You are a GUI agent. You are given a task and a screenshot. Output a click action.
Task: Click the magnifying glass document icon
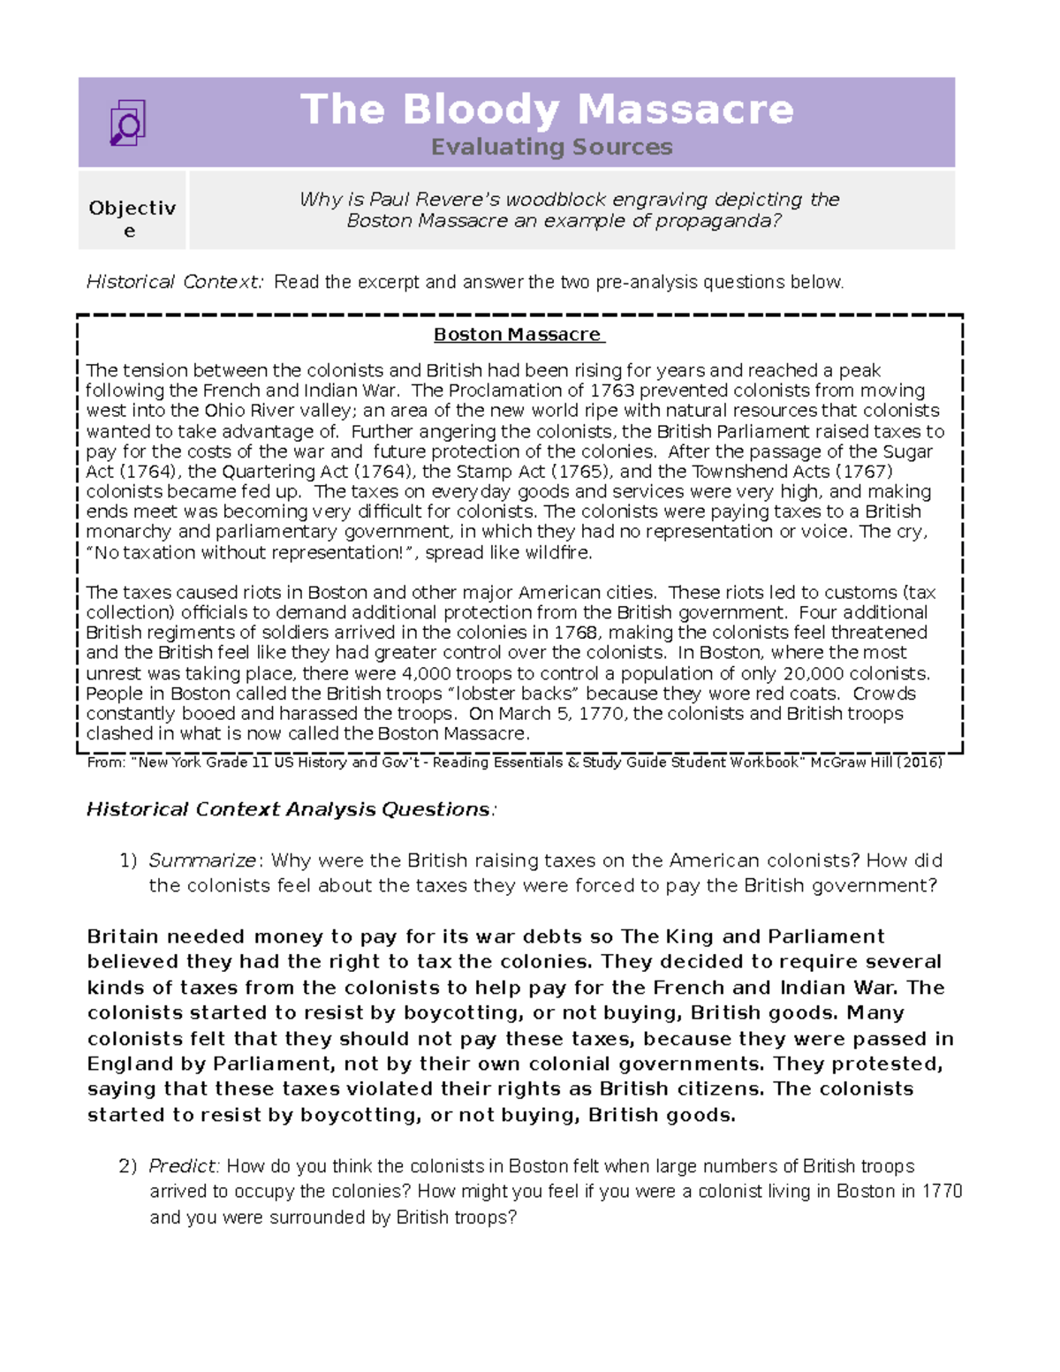click(x=127, y=123)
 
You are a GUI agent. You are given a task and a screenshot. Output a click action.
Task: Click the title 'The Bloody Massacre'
click(x=547, y=110)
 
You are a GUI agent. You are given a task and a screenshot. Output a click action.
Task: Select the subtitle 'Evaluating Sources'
click(x=551, y=147)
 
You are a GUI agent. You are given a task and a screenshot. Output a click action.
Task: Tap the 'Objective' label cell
click(x=132, y=218)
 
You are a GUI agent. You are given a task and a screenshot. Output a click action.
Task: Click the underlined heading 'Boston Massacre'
click(x=518, y=335)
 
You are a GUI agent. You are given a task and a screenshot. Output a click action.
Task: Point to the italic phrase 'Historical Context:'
click(x=175, y=282)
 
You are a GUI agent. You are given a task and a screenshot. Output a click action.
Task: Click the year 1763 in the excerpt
click(x=611, y=390)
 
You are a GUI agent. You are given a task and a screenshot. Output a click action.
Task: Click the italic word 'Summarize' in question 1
click(x=202, y=860)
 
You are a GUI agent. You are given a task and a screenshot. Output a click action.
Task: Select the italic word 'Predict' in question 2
click(x=182, y=1166)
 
